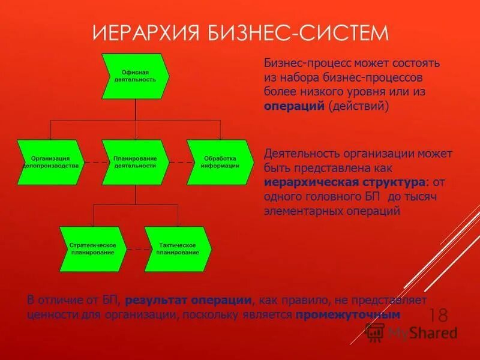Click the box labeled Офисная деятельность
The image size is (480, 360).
pyautogui.click(x=135, y=76)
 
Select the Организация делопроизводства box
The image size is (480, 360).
pyautogui.click(x=51, y=162)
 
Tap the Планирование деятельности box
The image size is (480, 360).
pyautogui.click(x=135, y=162)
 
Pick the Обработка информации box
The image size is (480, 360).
pyautogui.click(x=220, y=162)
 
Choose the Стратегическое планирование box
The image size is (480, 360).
pyautogui.click(x=93, y=248)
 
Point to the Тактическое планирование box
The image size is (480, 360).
pyautogui.click(x=178, y=248)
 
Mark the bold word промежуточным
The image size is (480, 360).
pyautogui.click(x=348, y=314)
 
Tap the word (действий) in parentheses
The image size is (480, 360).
pyautogui.click(x=359, y=106)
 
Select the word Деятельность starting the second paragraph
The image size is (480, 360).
pyautogui.click(x=300, y=153)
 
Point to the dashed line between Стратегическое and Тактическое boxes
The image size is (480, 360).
pyautogui.click(x=136, y=249)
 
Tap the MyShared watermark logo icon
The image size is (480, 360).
pyautogui.click(x=375, y=332)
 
